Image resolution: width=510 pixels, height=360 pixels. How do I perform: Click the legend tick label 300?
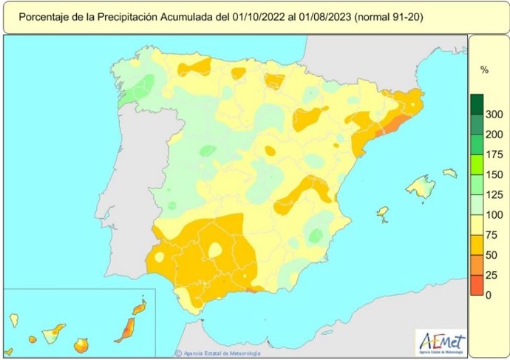coord(494,114)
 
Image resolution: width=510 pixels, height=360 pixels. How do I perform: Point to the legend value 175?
coord(494,154)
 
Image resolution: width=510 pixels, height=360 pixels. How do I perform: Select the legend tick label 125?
coord(494,194)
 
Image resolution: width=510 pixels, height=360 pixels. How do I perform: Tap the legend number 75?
coord(494,235)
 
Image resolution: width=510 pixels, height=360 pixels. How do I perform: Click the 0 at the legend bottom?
coord(489,295)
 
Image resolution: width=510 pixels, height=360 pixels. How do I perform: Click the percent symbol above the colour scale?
coord(485,70)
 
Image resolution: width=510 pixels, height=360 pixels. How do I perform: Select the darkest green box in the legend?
coord(477,103)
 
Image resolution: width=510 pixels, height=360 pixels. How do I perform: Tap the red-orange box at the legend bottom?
coord(477,285)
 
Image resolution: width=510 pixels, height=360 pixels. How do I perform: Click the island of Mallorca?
coord(420,186)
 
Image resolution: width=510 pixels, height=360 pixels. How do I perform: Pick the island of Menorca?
coord(449,173)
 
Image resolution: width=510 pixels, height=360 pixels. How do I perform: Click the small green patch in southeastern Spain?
coord(316,235)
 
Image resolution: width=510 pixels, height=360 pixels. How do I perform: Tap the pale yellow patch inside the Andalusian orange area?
coord(215,251)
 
